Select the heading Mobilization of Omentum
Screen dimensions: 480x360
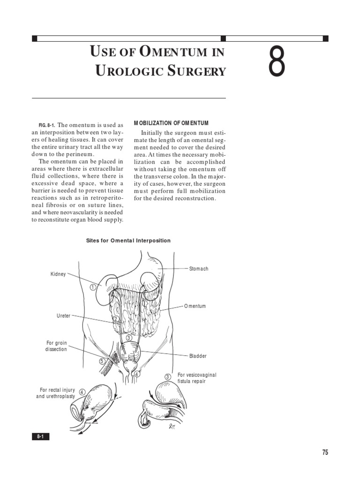pos(171,123)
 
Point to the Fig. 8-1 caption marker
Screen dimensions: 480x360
pos(47,126)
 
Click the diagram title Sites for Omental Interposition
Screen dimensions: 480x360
pos(128,240)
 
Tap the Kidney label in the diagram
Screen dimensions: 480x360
pos(58,274)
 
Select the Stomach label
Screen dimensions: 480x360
pos(199,269)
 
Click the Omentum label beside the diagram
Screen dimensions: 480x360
pos(195,306)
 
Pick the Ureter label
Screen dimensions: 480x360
pos(63,316)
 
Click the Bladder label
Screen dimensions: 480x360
pos(198,356)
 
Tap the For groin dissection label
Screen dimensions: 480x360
pos(56,346)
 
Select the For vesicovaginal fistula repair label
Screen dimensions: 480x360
pos(197,378)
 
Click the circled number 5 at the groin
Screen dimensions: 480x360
pos(102,361)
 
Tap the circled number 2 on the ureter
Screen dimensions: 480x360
pos(116,319)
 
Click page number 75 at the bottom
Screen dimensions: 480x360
pos(325,452)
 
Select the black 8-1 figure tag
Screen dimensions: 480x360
pos(40,437)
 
